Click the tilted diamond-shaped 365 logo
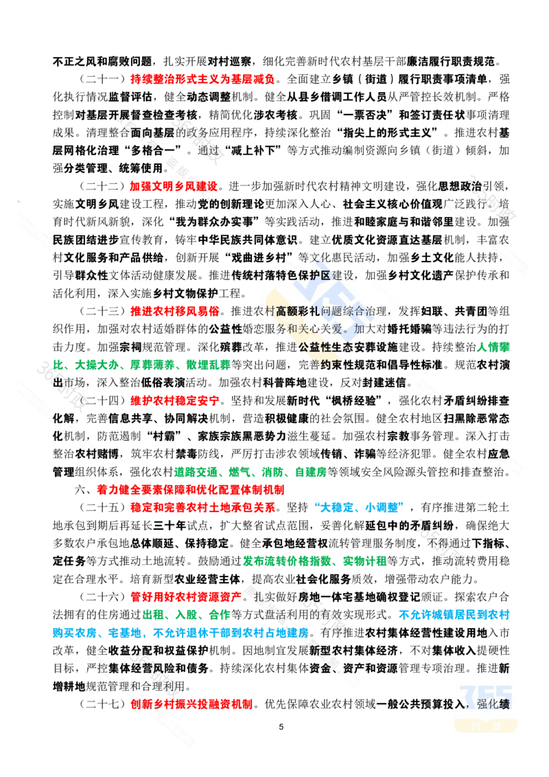(329, 302)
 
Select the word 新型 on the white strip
(323, 649)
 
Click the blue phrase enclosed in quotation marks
(358, 507)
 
